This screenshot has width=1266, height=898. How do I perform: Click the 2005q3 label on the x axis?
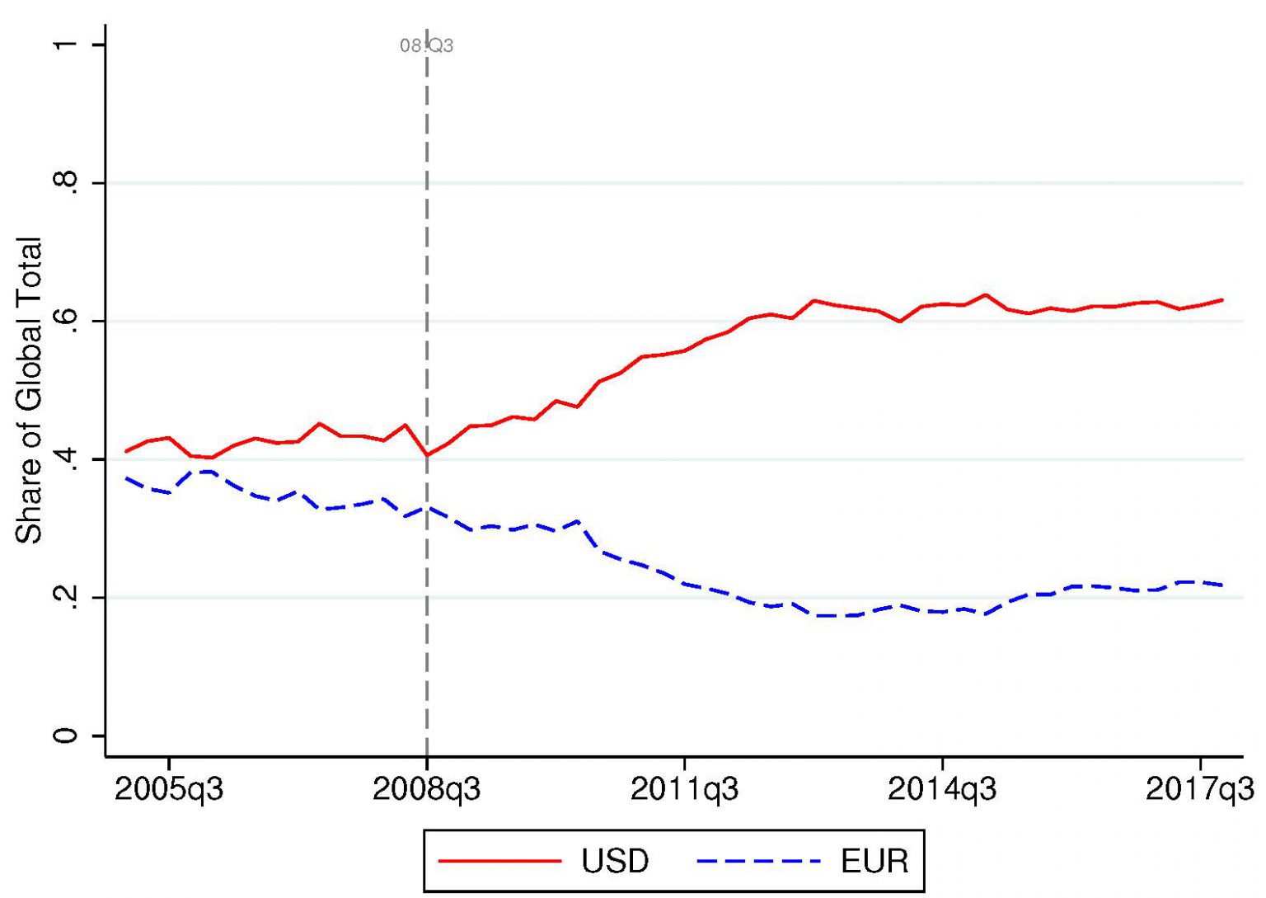tap(169, 789)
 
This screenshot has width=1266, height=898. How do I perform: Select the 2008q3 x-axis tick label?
tap(427, 789)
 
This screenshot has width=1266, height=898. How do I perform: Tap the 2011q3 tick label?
tap(684, 789)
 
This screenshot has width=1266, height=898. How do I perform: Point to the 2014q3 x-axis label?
tap(942, 789)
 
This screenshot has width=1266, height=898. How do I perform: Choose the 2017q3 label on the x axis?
tap(1200, 789)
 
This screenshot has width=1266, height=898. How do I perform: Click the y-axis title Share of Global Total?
tap(30, 390)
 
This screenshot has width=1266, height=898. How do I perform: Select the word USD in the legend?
tap(615, 862)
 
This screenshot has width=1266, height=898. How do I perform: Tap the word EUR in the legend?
tap(874, 862)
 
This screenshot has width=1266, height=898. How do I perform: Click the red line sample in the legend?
tap(499, 862)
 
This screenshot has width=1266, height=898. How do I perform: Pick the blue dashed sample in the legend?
tap(758, 862)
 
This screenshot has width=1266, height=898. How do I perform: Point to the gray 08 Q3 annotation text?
tap(427, 46)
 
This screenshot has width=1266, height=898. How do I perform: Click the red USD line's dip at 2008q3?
tap(427, 454)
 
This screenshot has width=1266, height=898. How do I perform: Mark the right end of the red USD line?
tap(1221, 300)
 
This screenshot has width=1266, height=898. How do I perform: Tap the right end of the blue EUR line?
tap(1221, 585)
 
